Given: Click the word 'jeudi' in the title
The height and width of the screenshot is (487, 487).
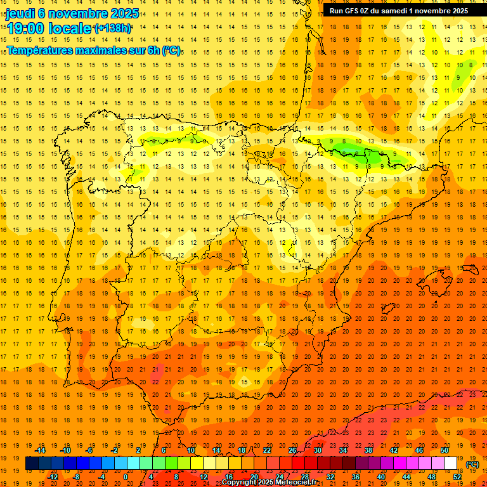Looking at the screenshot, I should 20,13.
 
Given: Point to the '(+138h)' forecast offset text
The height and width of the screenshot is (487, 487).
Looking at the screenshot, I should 112,28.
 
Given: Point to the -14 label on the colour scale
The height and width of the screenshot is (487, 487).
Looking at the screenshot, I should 41,450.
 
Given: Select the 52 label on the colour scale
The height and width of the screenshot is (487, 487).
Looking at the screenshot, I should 457,477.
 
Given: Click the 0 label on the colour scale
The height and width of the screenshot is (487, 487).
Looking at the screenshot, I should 126,477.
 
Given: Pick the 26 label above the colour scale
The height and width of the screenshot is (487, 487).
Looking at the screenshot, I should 292,450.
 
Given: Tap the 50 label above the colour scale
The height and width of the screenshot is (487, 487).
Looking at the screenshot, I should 444,450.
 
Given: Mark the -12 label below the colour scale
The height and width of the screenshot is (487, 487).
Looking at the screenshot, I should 53,477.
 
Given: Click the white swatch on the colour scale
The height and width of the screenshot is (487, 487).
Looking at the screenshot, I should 450,464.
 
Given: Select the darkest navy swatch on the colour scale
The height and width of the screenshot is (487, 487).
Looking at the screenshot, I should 32,464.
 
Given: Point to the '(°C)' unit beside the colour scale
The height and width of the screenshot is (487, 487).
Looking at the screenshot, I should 472,464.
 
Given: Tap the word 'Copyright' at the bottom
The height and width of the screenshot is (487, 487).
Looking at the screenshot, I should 239,483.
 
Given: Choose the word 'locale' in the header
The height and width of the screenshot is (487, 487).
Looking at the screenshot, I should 70,28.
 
